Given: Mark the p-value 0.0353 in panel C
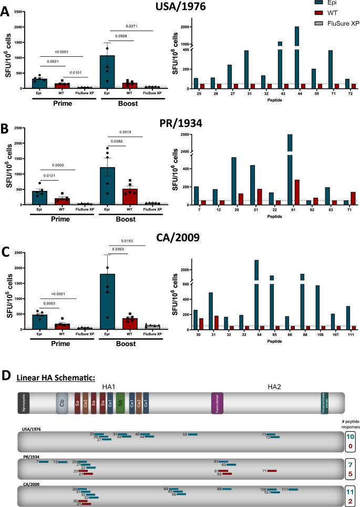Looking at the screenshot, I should tap(119, 255).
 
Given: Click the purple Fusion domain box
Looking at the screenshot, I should tap(218, 402).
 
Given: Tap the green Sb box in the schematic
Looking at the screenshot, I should tap(120, 402).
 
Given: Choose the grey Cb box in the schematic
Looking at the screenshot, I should tap(63, 402).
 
